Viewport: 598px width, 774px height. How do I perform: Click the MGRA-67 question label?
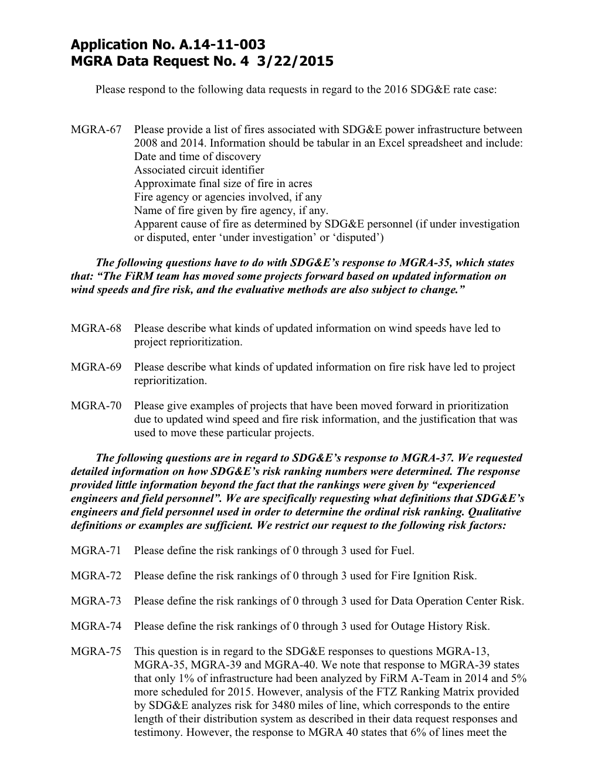(x=96, y=130)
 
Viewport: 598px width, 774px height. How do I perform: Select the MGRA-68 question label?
(x=96, y=328)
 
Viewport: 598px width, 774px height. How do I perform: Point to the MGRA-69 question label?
(x=96, y=367)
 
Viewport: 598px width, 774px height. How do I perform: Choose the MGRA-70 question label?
(x=96, y=406)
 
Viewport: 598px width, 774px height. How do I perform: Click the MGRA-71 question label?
(x=96, y=551)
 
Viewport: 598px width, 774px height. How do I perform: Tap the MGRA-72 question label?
(x=96, y=576)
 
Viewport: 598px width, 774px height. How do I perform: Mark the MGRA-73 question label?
(x=96, y=601)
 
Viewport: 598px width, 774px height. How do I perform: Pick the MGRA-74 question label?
(x=96, y=626)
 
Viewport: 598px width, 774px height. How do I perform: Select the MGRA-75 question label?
(x=96, y=651)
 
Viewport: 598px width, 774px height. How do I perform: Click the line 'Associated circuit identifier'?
(x=199, y=170)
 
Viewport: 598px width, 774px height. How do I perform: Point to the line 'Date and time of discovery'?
(x=197, y=157)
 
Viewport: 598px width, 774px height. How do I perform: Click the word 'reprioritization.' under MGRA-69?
(x=171, y=381)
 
